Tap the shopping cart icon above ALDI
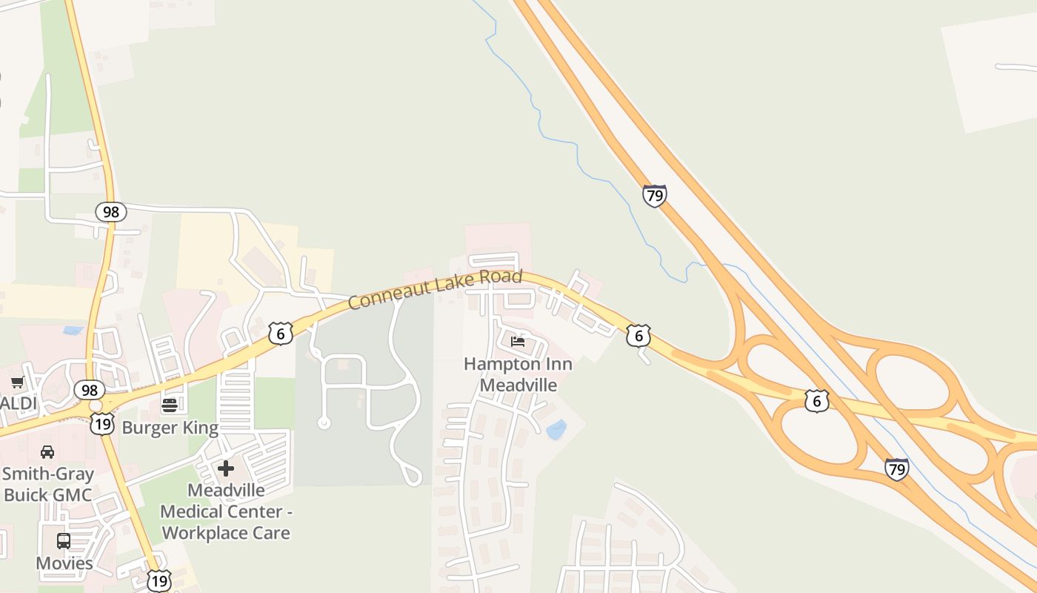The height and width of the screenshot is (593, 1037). click(18, 382)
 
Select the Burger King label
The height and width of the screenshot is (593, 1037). click(170, 428)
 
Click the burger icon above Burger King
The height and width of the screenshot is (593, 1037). click(170, 405)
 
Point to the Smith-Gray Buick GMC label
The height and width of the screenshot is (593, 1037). click(48, 484)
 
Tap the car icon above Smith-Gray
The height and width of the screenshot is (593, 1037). click(47, 451)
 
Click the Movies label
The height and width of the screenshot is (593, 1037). click(64, 563)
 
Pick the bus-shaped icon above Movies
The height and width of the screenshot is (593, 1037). click(64, 541)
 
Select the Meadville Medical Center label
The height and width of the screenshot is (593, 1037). click(226, 511)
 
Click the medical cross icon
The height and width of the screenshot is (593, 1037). click(226, 468)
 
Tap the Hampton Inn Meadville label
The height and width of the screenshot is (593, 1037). click(518, 374)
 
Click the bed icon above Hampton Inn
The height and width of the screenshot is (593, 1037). click(518, 342)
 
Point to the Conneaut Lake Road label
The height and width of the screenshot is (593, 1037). click(435, 289)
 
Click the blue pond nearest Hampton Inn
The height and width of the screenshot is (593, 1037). click(556, 429)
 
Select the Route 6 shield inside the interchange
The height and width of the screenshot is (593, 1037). click(816, 401)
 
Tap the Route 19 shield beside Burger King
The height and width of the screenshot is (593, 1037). click(102, 424)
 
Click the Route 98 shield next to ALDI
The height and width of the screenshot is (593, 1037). click(90, 390)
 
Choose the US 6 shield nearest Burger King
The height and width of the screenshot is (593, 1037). click(281, 333)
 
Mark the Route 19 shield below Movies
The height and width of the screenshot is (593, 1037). click(159, 580)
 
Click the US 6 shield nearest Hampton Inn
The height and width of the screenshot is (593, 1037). click(638, 335)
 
